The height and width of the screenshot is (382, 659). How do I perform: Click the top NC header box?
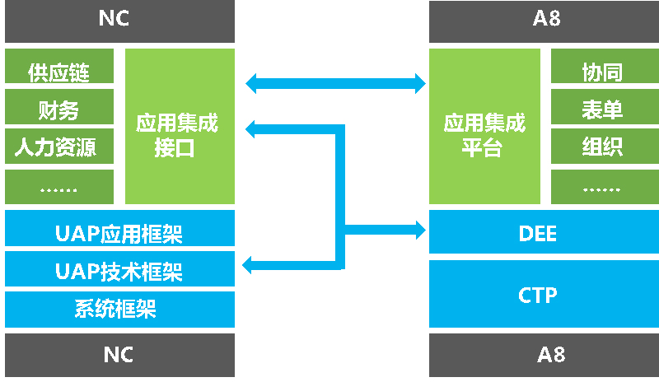click(119, 21)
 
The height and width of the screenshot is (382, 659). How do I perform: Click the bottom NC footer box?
click(119, 355)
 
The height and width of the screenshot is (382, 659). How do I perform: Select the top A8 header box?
click(544, 21)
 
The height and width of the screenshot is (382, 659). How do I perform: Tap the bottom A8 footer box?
click(544, 355)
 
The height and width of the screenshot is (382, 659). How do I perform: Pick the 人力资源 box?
click(58, 147)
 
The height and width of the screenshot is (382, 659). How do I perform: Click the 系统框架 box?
click(119, 310)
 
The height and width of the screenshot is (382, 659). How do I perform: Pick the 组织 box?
click(601, 147)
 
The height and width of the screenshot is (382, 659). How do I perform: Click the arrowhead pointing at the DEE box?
click(419, 226)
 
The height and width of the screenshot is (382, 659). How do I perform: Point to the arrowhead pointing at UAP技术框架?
click(249, 264)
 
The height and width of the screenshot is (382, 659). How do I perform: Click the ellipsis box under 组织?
click(601, 187)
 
